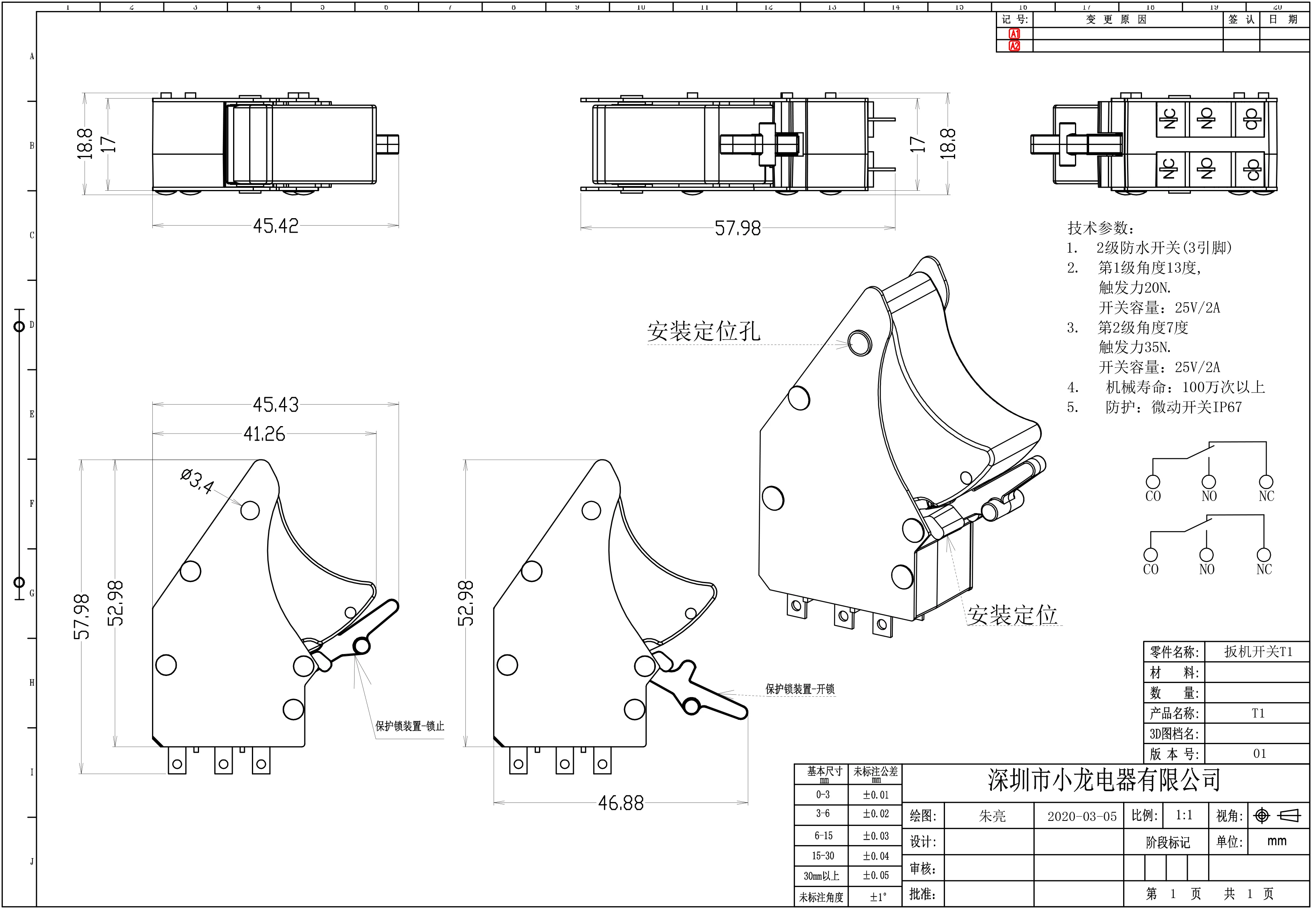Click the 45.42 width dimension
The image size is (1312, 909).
(x=276, y=226)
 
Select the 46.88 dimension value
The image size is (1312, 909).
(x=621, y=803)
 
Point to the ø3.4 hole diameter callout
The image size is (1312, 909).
(x=197, y=481)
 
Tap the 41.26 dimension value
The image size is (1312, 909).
(x=264, y=434)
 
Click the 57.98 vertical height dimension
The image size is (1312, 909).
(x=82, y=616)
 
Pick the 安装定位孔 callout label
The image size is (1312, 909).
(x=704, y=331)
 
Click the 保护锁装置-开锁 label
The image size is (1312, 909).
(x=800, y=689)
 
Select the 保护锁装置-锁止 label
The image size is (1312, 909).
(x=410, y=726)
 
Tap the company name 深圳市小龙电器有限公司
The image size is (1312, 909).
(x=1104, y=780)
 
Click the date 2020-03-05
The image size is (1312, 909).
(x=1082, y=817)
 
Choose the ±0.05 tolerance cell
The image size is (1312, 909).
(x=876, y=875)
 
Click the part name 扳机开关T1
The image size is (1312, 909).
(x=1258, y=652)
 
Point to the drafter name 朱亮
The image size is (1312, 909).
(x=992, y=817)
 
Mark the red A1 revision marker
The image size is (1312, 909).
(x=1015, y=34)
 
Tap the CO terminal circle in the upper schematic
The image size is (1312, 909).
(x=1153, y=482)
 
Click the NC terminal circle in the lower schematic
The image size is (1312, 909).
(x=1263, y=555)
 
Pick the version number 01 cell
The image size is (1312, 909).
(x=1260, y=754)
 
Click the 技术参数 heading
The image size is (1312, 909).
(x=1100, y=228)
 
